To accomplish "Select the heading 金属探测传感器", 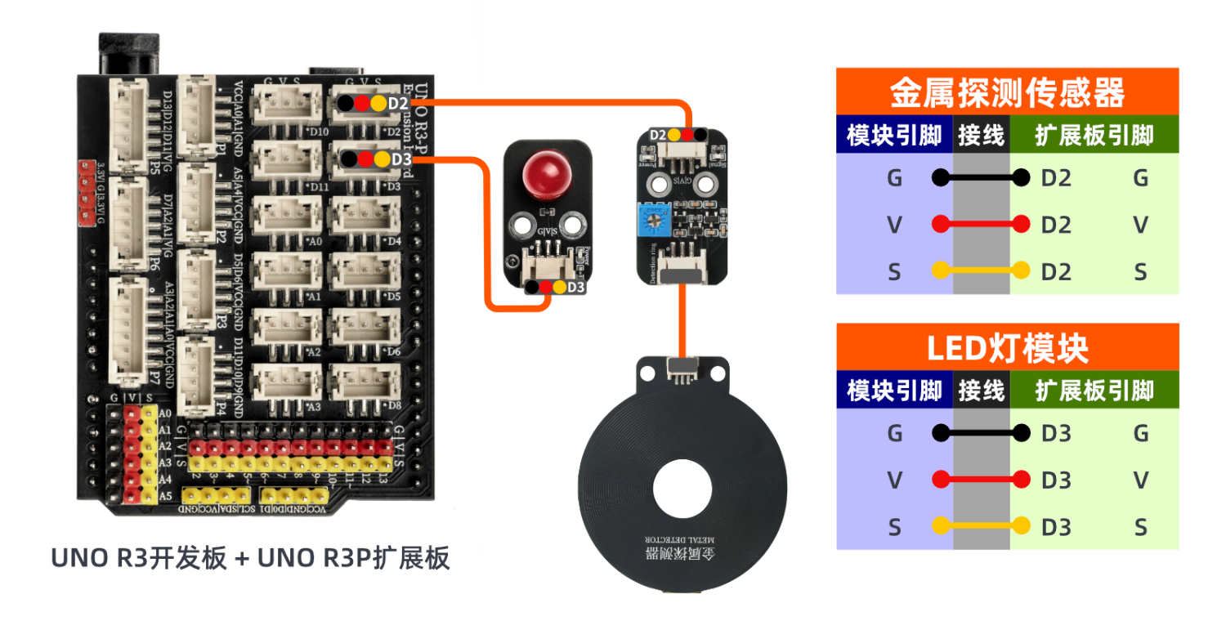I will [x=1007, y=92].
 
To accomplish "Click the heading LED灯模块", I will [x=1007, y=348].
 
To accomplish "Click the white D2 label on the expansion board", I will [x=398, y=104].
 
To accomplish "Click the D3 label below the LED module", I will [x=576, y=288].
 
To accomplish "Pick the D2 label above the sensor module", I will [x=657, y=135].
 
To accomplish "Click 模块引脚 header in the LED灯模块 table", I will [x=894, y=391].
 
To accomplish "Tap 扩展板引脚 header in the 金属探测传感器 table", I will [x=1094, y=135].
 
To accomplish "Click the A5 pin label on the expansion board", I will [x=165, y=495].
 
